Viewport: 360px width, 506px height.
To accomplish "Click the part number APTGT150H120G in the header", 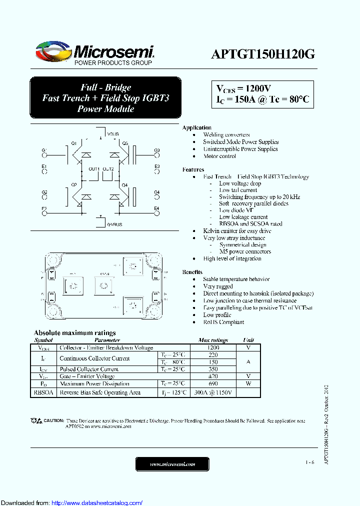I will pyautogui.click(x=262, y=54).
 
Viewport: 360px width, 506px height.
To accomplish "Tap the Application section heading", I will pyautogui.click(x=196, y=127).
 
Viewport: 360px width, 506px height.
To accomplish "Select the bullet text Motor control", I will pyautogui.click(x=219, y=156).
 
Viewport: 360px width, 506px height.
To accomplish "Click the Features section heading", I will pyautogui.click(x=193, y=169).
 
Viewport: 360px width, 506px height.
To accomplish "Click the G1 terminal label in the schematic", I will pyautogui.click(x=44, y=150).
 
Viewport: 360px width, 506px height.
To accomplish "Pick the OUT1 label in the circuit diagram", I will pyautogui.click(x=94, y=169).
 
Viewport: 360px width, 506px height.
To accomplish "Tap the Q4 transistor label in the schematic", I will pyautogui.click(x=125, y=185).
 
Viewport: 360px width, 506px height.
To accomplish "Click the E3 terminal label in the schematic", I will pyautogui.click(x=156, y=166).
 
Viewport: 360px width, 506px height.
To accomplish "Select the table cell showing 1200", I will pyautogui.click(x=213, y=347).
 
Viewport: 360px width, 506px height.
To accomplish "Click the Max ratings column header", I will pyautogui.click(x=213, y=340).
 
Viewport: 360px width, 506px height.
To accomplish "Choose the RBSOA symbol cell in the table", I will pyautogui.click(x=43, y=393).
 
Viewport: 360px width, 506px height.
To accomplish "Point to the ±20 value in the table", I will pyautogui.click(x=213, y=376).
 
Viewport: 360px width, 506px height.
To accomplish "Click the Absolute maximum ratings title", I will pyautogui.click(x=74, y=332).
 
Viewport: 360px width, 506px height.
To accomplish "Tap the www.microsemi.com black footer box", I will pyautogui.click(x=172, y=464).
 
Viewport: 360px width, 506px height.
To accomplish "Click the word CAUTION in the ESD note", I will pyautogui.click(x=53, y=420).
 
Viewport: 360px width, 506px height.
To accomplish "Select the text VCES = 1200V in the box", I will pyautogui.click(x=243, y=88).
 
